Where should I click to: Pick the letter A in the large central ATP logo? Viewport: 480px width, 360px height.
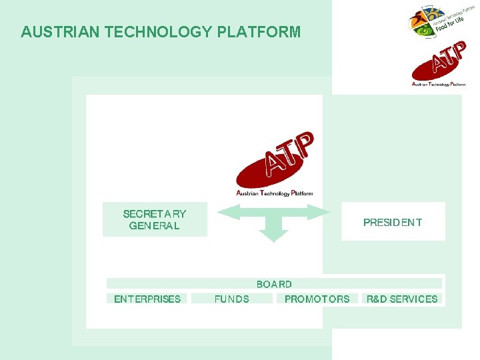tap(273, 164)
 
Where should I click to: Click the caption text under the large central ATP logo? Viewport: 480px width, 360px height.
tap(275, 193)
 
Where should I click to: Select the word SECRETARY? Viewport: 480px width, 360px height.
tap(155, 214)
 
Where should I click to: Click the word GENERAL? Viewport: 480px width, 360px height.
tap(154, 226)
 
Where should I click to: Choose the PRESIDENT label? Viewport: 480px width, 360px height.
tap(393, 223)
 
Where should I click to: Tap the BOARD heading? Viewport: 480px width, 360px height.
tap(274, 284)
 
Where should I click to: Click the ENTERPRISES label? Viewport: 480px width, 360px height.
tap(147, 299)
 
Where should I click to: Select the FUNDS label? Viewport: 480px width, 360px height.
tap(231, 299)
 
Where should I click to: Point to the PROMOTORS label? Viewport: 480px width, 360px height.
tap(317, 299)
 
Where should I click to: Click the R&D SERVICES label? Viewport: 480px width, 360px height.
tap(402, 299)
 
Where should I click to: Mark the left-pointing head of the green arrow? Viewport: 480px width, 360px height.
tap(225, 212)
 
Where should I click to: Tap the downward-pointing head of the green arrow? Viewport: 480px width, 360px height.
tap(273, 235)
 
